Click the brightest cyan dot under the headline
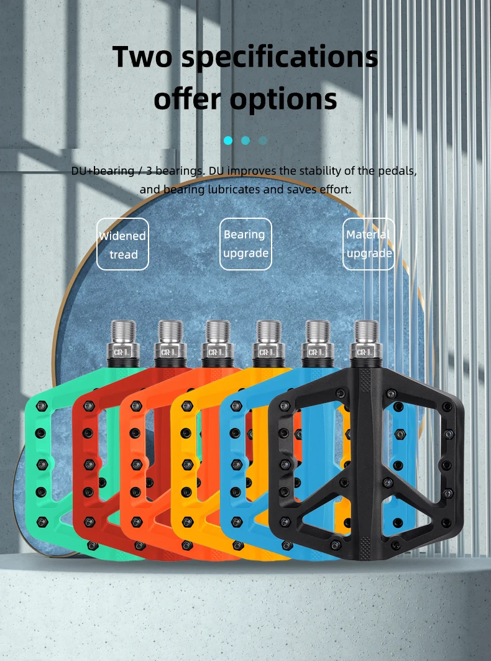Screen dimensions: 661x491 pyautogui.click(x=228, y=141)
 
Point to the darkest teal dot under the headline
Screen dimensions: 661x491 pyautogui.click(x=263, y=141)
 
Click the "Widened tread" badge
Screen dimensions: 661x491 pyautogui.click(x=123, y=244)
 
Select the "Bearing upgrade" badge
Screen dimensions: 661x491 pyautogui.click(x=245, y=244)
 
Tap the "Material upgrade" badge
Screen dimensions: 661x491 pyautogui.click(x=369, y=244)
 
